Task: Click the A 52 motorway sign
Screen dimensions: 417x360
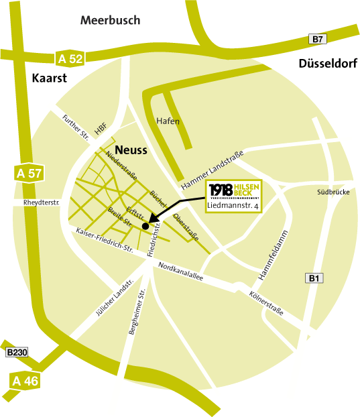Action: pos(70,58)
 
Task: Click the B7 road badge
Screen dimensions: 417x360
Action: pos(318,39)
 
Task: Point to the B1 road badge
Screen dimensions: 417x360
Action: pos(313,278)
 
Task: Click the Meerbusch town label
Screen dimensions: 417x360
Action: pos(111,20)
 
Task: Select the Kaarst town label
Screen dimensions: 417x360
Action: pos(49,78)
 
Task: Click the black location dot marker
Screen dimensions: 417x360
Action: pos(145,226)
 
